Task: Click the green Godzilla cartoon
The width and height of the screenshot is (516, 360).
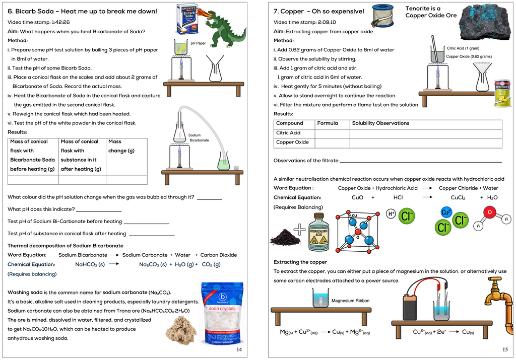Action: (x=226, y=28)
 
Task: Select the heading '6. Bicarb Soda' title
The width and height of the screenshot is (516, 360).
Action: (x=82, y=11)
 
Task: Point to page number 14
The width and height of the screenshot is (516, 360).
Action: (x=239, y=349)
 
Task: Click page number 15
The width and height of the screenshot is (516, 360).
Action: (x=505, y=349)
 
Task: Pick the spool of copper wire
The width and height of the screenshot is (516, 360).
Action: (x=382, y=15)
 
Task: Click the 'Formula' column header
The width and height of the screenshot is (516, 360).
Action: (x=327, y=123)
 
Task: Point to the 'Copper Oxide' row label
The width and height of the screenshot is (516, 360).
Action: (x=292, y=142)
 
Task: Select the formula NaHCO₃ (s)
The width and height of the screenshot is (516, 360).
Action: (x=90, y=264)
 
